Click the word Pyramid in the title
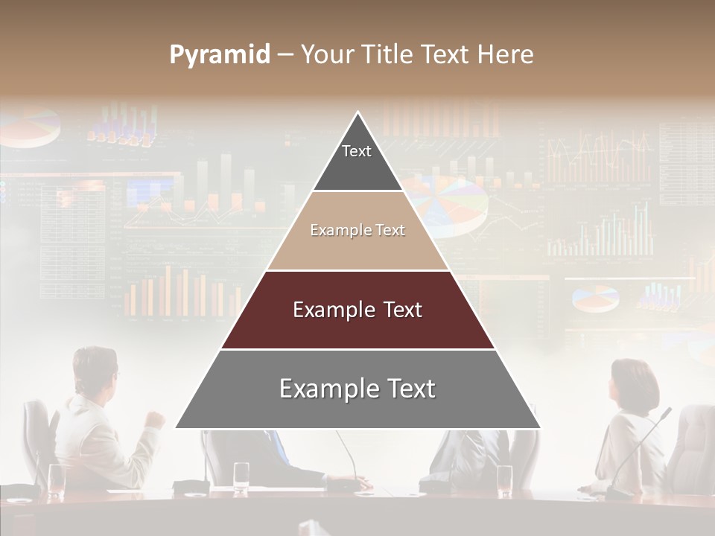(220, 55)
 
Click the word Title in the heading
(387, 55)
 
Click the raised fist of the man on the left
(155, 419)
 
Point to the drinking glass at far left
(56, 480)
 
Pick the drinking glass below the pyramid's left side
(241, 476)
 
